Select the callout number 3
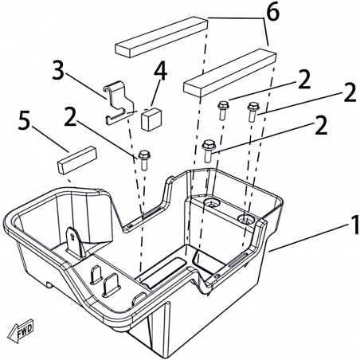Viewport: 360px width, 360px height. (58, 70)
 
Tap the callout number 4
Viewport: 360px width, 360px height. (160, 71)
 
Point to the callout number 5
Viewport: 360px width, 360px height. (24, 121)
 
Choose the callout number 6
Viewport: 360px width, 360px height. (273, 12)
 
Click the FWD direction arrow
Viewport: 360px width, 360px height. (21, 331)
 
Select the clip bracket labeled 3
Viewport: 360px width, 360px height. (118, 102)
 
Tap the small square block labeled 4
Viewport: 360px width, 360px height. (151, 119)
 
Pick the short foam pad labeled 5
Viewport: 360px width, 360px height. (77, 160)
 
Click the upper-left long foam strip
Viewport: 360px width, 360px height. (162, 37)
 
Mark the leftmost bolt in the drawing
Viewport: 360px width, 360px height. (144, 160)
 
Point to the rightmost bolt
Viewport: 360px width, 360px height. (253, 112)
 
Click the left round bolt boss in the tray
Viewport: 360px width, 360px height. (212, 204)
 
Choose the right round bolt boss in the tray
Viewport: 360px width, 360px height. (246, 219)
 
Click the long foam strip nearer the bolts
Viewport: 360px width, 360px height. (230, 72)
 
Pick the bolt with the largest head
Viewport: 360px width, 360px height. (209, 151)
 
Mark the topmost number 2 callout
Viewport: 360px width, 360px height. (304, 80)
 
